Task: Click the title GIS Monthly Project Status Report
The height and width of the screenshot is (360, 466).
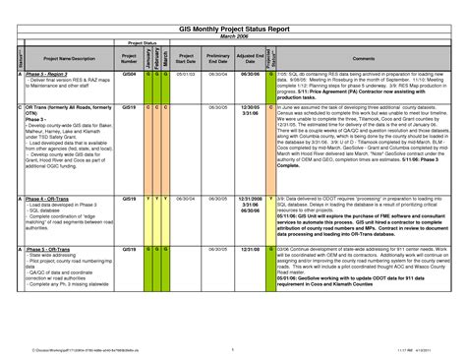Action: [234, 30]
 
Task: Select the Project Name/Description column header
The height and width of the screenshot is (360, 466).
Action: [68, 58]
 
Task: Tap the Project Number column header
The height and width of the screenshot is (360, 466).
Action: [129, 58]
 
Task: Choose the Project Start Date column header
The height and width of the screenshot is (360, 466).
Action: [186, 58]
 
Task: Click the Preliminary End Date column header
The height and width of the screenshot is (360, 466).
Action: [217, 58]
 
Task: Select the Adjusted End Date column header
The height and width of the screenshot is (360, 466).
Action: [250, 58]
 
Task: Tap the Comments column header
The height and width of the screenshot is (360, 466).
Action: [363, 58]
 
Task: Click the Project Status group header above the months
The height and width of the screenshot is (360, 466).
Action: [143, 43]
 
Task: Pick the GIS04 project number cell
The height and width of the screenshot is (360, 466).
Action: [129, 74]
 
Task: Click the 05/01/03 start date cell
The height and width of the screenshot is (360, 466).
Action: [186, 74]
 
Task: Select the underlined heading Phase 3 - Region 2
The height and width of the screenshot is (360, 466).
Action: [48, 74]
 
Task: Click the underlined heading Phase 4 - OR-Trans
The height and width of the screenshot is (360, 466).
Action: [48, 197]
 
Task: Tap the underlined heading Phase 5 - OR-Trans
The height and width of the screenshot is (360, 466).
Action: [48, 250]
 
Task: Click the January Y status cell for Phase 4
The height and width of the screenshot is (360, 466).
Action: [148, 197]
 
